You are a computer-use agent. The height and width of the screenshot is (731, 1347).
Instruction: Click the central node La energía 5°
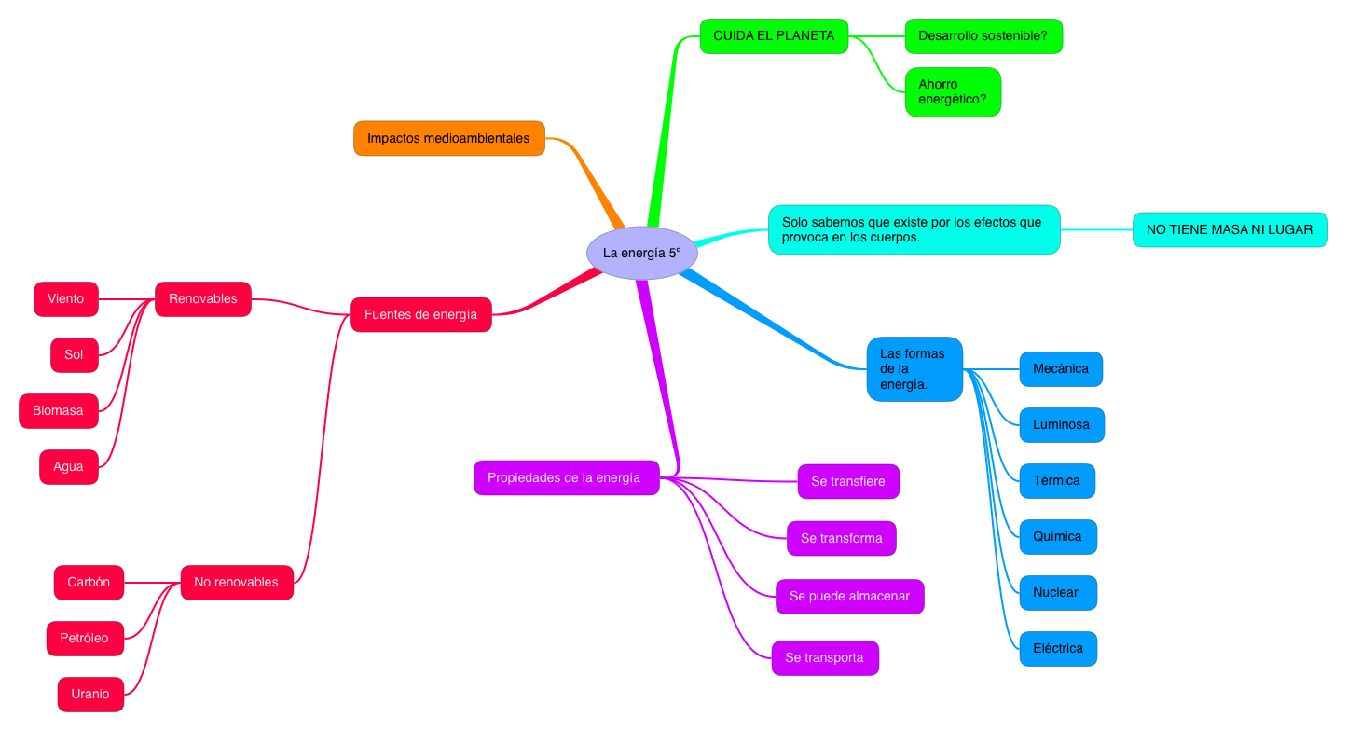642,253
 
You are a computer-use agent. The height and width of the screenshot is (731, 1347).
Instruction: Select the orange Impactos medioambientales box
448,138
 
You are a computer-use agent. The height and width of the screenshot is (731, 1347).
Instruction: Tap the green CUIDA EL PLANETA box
774,36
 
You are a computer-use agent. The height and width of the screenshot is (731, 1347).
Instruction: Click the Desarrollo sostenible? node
983,36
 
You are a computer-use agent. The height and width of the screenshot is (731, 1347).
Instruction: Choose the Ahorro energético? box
952,91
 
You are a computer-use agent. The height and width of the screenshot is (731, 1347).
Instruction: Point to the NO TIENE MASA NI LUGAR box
1230,229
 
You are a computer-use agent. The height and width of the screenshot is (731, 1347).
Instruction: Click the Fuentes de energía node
420,314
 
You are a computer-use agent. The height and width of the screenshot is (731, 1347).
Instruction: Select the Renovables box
202,299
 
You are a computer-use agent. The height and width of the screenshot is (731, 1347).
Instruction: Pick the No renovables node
236,582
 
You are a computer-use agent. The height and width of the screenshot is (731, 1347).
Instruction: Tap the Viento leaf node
65,299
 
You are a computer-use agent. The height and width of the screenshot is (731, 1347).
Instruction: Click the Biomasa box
58,411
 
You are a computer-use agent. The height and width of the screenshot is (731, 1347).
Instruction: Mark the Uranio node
90,695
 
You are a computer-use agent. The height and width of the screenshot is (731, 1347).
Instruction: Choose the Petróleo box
84,639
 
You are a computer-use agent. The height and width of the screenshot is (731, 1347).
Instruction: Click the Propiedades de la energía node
566,477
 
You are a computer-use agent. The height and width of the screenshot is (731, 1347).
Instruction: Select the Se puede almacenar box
849,597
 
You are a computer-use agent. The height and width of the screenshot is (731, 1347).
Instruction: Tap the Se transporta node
824,658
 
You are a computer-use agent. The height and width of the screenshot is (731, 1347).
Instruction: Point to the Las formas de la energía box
914,369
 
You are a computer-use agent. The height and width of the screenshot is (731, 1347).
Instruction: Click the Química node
1057,537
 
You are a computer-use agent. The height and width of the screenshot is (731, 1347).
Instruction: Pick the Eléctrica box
1058,649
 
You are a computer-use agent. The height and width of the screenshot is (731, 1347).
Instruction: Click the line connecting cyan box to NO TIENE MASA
1096,229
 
